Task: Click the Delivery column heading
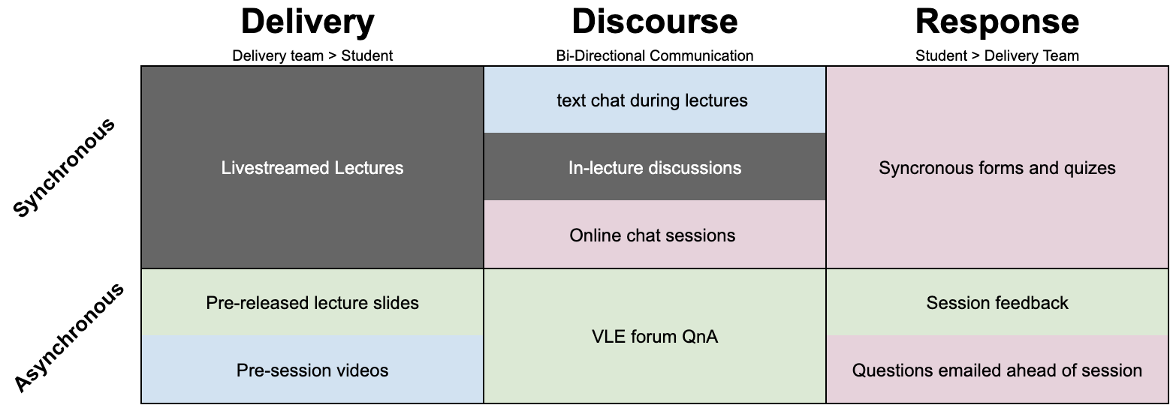click(x=308, y=22)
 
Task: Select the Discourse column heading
click(x=654, y=22)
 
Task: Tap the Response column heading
click(x=997, y=22)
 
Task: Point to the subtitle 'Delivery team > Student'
click(x=312, y=55)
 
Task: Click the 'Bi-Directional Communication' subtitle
click(x=654, y=55)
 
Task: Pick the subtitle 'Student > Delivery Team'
click(x=997, y=55)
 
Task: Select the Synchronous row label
click(x=65, y=168)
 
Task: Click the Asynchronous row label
click(x=69, y=337)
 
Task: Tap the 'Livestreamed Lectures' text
click(x=312, y=168)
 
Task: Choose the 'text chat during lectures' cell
click(x=653, y=100)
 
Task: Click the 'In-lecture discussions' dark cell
click(x=655, y=168)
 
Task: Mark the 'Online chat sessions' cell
click(x=653, y=235)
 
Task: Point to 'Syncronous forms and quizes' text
click(x=997, y=168)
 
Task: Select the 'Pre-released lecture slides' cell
click(x=312, y=303)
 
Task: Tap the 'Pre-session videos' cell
click(x=312, y=370)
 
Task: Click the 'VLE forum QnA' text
click(x=655, y=337)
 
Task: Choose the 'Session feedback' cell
click(x=997, y=303)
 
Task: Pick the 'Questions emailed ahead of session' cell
click(x=997, y=370)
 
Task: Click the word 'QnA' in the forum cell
click(x=698, y=337)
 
